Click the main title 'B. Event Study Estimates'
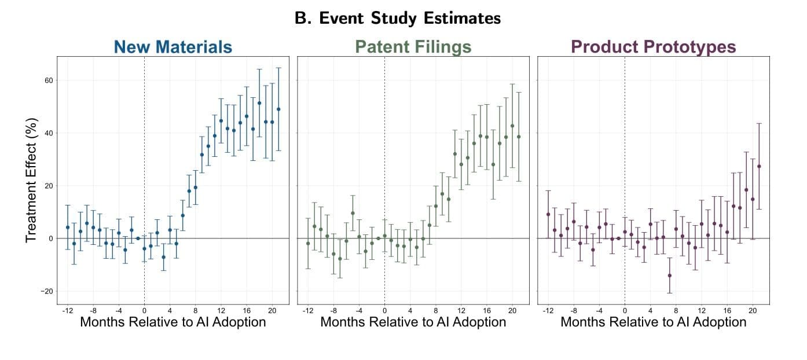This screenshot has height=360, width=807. click(x=397, y=19)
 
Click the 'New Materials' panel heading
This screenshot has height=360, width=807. click(x=173, y=46)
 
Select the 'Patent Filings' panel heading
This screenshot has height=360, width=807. click(x=413, y=46)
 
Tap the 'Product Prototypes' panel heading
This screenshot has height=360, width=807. click(x=653, y=46)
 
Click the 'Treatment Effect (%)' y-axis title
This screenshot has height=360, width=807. click(x=32, y=181)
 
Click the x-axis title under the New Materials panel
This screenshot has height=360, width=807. click(x=173, y=322)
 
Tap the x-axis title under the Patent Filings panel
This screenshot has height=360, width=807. click(x=413, y=322)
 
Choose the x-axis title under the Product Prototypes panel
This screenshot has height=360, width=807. click(x=653, y=322)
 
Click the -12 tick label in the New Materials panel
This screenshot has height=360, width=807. click(x=67, y=310)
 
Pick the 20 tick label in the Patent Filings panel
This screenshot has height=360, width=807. click(x=512, y=310)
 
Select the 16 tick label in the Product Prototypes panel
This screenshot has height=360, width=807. click(x=727, y=310)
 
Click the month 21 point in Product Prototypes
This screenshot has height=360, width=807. click(x=759, y=166)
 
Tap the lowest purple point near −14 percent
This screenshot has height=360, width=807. click(x=670, y=275)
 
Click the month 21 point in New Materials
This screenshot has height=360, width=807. click(x=278, y=109)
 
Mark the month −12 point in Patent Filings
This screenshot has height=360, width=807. click(x=308, y=244)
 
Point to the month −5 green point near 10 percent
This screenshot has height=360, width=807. click(x=353, y=213)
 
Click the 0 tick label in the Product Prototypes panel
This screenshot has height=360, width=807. click(x=625, y=310)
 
